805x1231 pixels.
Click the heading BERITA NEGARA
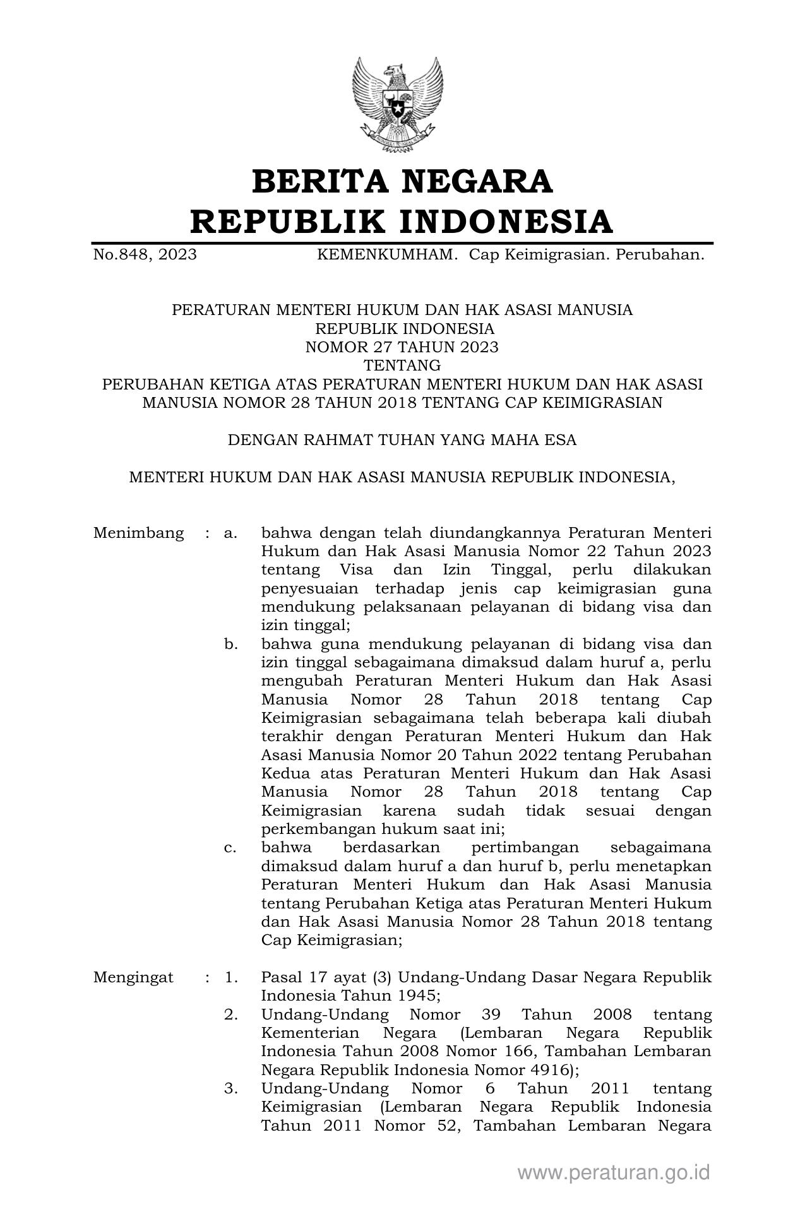[402, 182]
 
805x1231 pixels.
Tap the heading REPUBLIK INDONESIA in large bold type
[402, 222]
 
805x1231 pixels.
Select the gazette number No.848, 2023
[145, 255]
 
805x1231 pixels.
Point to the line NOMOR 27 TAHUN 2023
[402, 347]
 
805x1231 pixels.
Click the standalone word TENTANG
[402, 366]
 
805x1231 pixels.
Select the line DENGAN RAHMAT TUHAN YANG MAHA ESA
[402, 440]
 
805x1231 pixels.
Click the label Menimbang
[138, 533]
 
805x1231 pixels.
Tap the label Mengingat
[133, 978]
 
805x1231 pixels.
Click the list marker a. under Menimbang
[230, 533]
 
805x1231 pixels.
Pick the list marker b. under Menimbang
[230, 645]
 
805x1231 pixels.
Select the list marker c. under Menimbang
[230, 848]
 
